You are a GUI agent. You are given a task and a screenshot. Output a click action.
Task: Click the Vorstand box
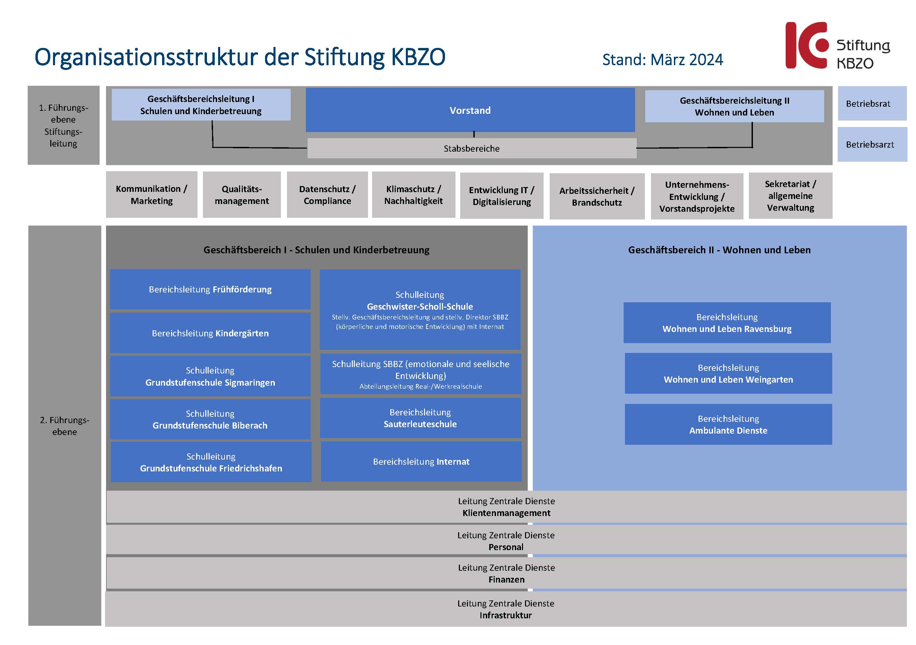(x=470, y=110)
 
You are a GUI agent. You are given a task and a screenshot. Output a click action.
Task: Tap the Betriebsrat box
(x=872, y=103)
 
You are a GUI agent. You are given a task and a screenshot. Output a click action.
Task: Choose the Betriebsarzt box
(x=872, y=145)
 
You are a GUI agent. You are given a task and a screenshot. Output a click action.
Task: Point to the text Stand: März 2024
(x=662, y=60)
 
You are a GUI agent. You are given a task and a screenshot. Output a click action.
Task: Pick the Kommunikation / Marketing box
(x=152, y=195)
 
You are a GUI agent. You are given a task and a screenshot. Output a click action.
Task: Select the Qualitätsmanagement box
(x=242, y=195)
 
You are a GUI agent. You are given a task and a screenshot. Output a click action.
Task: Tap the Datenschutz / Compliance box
(x=327, y=195)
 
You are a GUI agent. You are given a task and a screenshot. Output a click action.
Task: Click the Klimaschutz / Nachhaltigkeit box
(x=414, y=195)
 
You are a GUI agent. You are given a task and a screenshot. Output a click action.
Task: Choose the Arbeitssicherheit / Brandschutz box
(x=597, y=197)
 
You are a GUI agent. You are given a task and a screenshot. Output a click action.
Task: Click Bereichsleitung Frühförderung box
(x=210, y=289)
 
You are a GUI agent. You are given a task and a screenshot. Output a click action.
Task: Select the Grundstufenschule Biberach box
(x=210, y=419)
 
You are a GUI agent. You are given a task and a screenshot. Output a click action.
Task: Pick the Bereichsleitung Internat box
(x=421, y=461)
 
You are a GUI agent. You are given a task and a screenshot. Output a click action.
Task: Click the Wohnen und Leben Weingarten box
(x=729, y=373)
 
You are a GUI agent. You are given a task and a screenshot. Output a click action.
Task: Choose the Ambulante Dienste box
(x=729, y=424)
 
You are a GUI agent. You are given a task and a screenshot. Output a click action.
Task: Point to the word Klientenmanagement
(x=506, y=513)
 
